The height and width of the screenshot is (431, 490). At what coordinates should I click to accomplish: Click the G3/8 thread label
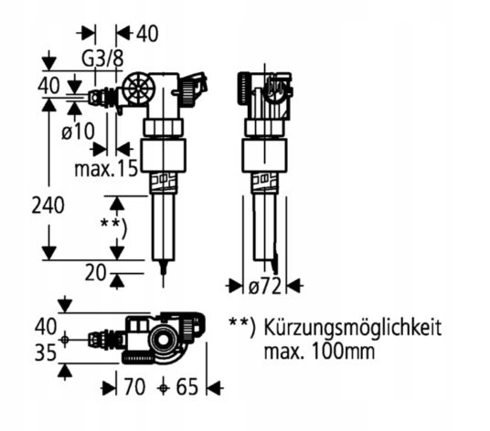(102, 58)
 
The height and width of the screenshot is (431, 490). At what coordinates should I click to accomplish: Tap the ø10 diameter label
(78, 131)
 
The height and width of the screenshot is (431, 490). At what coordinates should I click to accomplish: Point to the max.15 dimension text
(106, 168)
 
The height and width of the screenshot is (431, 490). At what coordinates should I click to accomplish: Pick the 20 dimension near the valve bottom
(94, 271)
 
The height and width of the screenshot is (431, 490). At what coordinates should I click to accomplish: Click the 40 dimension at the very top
(146, 34)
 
